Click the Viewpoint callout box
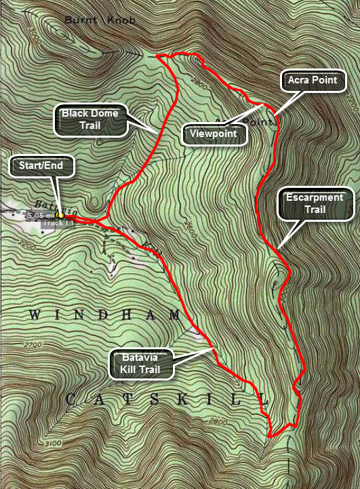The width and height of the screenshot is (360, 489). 214,134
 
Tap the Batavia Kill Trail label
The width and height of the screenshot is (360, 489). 142,363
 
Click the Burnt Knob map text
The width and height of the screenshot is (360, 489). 100,20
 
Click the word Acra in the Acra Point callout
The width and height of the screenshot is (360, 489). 301,81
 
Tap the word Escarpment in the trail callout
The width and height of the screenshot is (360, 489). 317,197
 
